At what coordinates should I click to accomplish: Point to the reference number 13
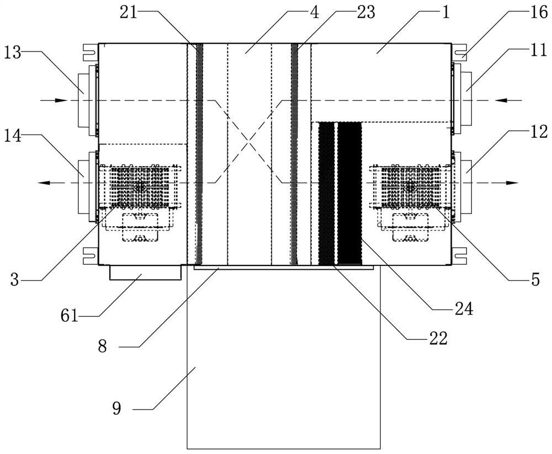click(x=13, y=53)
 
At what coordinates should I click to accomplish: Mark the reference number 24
click(x=462, y=309)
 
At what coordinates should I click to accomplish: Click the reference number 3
click(x=14, y=280)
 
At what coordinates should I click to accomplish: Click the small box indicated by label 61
click(x=145, y=273)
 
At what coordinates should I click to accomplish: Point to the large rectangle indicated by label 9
click(x=284, y=359)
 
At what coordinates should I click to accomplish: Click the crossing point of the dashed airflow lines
click(x=250, y=142)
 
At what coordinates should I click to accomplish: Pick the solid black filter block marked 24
click(x=349, y=193)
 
